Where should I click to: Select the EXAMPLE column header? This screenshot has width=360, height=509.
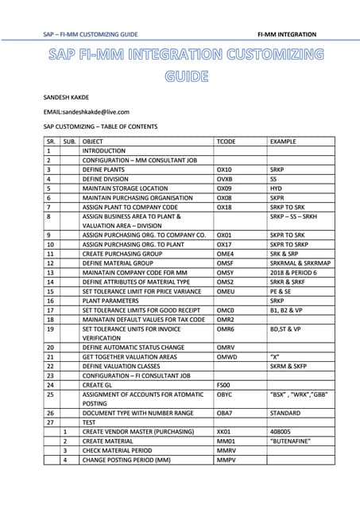point(285,141)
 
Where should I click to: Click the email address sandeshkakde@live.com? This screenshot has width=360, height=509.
point(86,112)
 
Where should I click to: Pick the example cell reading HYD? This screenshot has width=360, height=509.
point(277,188)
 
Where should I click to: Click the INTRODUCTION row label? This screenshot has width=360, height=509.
point(104,150)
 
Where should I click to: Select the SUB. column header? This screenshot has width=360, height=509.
point(69,141)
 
